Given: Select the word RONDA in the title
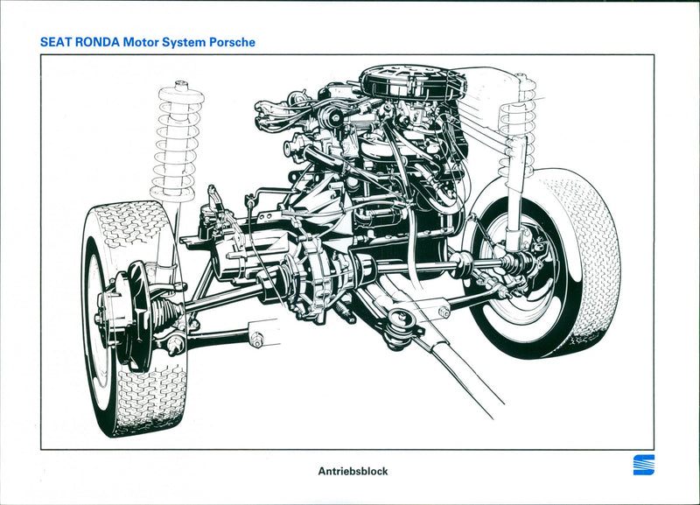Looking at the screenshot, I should coord(96,41).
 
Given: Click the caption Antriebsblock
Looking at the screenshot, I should coord(353,471).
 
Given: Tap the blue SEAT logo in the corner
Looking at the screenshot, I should coord(643,465).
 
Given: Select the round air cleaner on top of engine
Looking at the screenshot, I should coord(411,82).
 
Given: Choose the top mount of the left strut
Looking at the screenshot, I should coord(182,88).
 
